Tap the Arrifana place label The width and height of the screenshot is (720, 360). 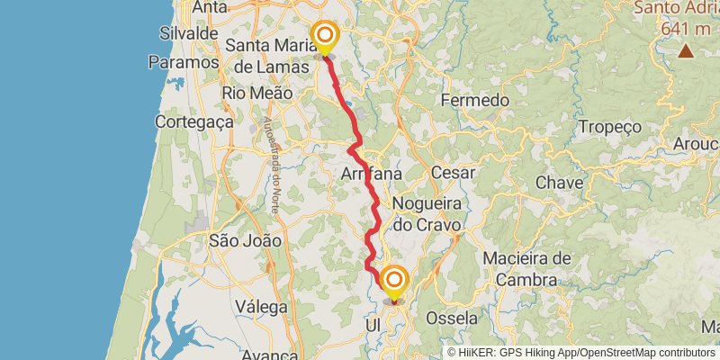coord(370,174)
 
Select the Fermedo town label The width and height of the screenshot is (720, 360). coord(475,100)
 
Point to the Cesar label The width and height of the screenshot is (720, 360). coord(454,172)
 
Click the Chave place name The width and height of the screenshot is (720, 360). coord(559,183)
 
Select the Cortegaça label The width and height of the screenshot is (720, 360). coord(194,121)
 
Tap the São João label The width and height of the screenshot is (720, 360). coord(245,240)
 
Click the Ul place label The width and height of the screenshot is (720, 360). coord(375,324)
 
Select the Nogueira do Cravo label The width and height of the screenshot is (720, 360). coord(427,214)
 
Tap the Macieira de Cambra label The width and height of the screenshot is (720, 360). coord(526,269)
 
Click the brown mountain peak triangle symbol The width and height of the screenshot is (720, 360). coord(686,50)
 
